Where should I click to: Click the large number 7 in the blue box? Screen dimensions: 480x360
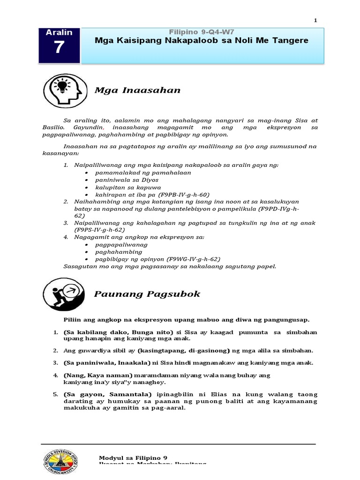[59, 48]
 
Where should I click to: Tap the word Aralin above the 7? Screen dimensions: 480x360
[59, 32]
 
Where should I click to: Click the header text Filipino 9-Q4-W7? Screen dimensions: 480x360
[202, 31]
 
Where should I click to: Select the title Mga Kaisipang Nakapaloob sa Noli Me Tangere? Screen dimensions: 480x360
[202, 41]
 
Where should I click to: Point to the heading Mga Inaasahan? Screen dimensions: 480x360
[137, 90]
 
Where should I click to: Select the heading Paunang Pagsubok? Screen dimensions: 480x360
[147, 294]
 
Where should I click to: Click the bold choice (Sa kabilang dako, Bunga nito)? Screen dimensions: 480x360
[111, 332]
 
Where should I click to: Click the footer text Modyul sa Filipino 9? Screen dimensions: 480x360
[133, 458]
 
